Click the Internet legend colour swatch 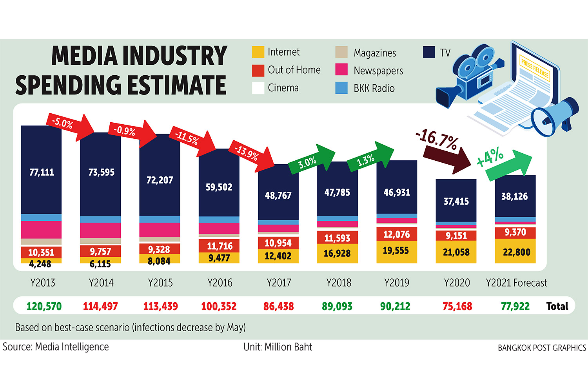(x=258, y=52)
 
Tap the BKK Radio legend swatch (x=341, y=88)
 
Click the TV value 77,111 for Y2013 (x=42, y=172)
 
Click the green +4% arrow (x=506, y=163)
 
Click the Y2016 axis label (x=220, y=283)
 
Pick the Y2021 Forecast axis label (x=516, y=283)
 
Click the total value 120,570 (x=44, y=306)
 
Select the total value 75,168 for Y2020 (x=457, y=306)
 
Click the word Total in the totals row (x=557, y=306)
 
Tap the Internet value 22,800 (x=516, y=252)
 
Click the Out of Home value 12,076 (x=396, y=234)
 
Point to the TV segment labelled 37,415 (x=456, y=201)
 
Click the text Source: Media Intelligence (x=56, y=347)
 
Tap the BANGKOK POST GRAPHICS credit (x=542, y=348)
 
